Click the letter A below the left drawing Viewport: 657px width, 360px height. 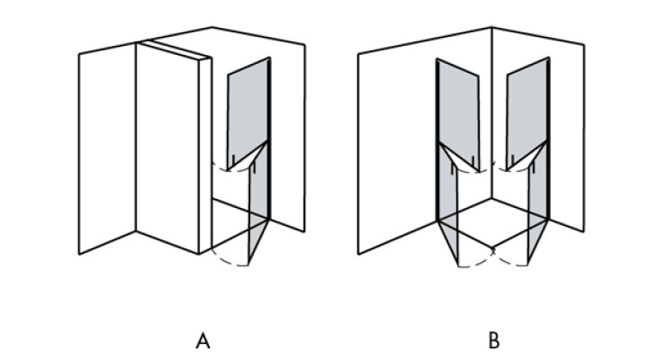(202, 341)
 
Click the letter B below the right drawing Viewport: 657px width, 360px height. (494, 341)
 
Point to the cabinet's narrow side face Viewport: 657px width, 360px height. (205, 155)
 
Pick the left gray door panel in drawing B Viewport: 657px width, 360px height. (458, 115)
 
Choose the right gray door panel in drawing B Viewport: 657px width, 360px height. (528, 115)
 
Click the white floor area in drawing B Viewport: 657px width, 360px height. (493, 222)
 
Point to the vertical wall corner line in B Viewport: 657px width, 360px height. (492, 113)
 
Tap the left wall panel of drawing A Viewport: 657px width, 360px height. (107, 148)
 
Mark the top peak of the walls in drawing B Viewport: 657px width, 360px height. (491, 28)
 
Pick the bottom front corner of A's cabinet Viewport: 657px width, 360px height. (199, 254)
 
